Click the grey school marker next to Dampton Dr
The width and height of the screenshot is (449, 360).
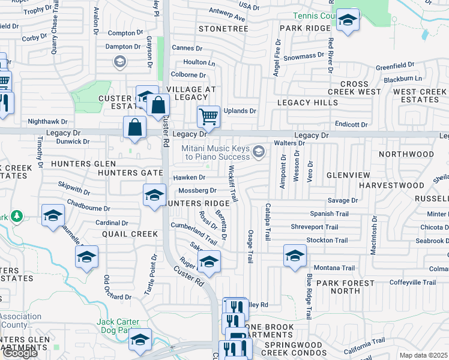(119, 61)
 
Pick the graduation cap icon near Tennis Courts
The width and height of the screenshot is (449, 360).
(346, 21)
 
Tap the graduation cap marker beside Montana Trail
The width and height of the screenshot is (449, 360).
(294, 256)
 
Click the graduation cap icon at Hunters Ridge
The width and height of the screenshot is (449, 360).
(154, 196)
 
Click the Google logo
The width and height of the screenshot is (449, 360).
(20, 353)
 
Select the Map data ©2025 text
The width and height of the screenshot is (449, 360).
(423, 355)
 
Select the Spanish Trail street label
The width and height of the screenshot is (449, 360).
(329, 214)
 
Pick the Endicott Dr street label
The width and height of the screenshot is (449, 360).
(351, 124)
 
